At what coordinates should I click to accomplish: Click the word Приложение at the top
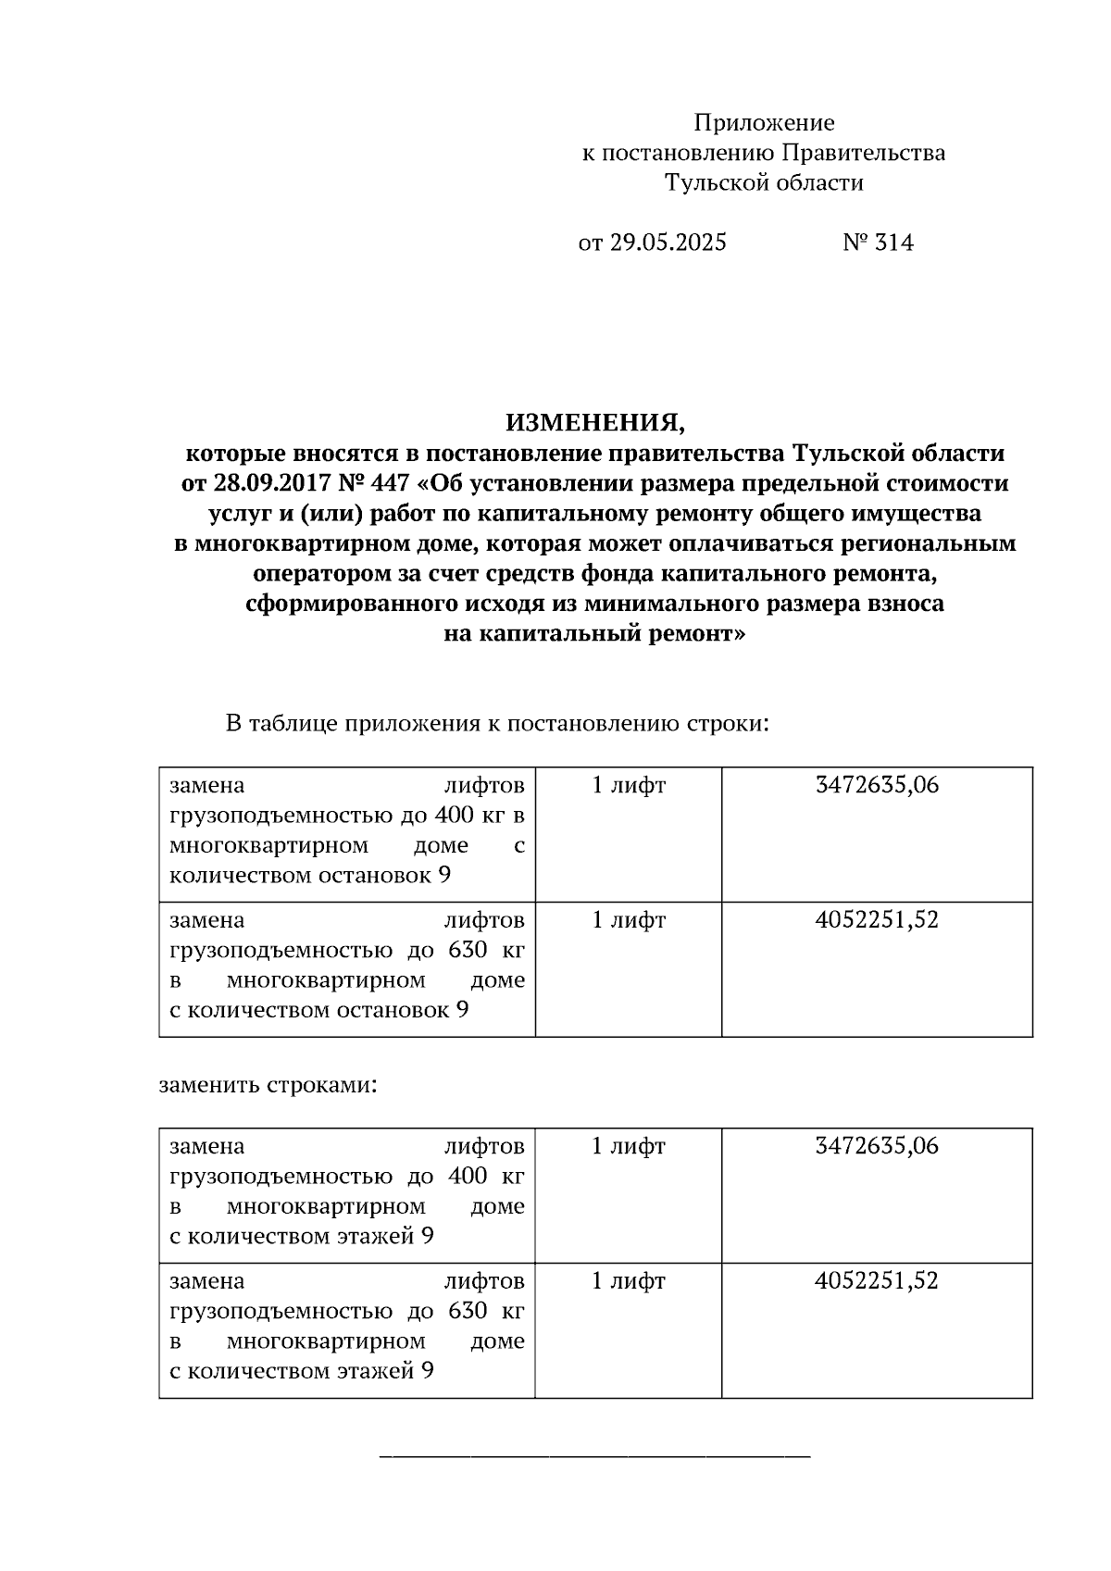(x=764, y=123)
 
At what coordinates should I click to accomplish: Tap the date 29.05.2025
(x=668, y=243)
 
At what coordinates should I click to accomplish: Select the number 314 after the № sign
(x=893, y=243)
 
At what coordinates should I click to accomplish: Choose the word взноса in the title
(x=905, y=604)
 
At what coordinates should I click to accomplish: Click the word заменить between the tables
(x=208, y=1084)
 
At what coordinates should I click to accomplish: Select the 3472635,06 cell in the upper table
(x=877, y=785)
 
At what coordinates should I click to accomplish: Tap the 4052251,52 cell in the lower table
(x=877, y=1281)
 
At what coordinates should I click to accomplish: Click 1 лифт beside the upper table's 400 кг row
(x=629, y=785)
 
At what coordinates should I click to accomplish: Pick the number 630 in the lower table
(x=468, y=1311)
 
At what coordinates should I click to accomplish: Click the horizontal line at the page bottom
(x=595, y=1457)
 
